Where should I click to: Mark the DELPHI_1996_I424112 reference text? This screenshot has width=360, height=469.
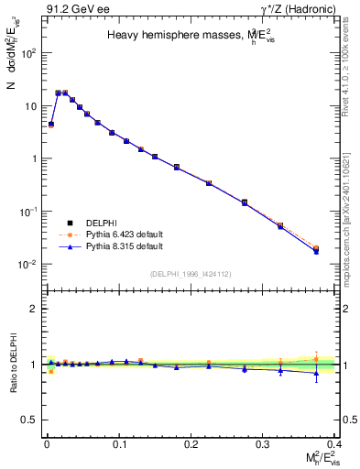click(x=190, y=274)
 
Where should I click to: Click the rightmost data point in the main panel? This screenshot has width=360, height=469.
click(x=316, y=249)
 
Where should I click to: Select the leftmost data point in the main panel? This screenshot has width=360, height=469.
click(x=51, y=124)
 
